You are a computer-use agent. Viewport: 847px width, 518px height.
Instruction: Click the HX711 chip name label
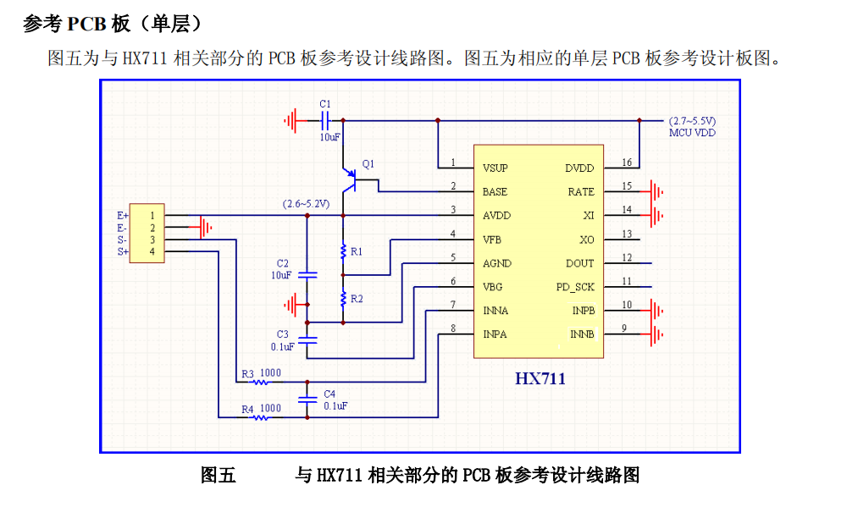(540, 378)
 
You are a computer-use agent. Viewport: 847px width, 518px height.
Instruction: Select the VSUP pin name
(496, 168)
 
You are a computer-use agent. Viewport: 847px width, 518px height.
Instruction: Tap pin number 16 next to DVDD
(626, 163)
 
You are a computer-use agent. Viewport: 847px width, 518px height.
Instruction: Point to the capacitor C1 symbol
(324, 120)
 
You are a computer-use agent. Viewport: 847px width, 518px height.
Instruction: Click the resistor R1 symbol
(343, 251)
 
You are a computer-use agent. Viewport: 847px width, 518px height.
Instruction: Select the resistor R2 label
(357, 299)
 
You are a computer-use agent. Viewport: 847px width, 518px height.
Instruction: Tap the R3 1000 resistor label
(261, 372)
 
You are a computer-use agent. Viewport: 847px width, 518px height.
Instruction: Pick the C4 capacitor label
(329, 394)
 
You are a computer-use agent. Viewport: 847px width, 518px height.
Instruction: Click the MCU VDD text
(692, 133)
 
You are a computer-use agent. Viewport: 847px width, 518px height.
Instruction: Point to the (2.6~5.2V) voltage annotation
(306, 204)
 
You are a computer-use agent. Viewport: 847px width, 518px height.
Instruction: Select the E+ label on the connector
(123, 216)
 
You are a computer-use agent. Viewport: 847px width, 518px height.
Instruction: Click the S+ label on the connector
(123, 251)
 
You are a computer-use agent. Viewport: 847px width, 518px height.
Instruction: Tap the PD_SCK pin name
(575, 287)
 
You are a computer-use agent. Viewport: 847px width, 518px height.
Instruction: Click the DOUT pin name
(580, 263)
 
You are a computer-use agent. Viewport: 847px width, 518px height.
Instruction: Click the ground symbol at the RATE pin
(656, 192)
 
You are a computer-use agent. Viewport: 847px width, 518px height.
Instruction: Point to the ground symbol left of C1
(291, 120)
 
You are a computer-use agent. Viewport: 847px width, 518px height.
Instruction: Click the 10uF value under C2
(281, 275)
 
